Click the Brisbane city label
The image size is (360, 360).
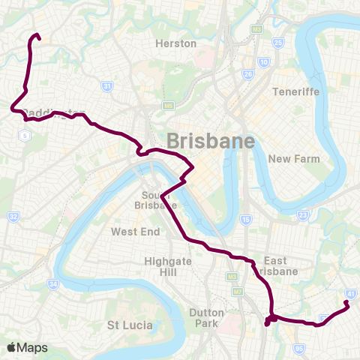[211, 141]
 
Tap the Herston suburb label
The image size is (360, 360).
[175, 43]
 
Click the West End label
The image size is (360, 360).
[136, 232]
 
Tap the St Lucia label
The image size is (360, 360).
[130, 325]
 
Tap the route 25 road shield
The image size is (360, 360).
[278, 43]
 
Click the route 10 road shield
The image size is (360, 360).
[263, 62]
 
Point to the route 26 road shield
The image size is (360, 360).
[248, 74]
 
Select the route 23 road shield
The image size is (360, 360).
[302, 215]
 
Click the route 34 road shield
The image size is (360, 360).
[52, 284]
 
